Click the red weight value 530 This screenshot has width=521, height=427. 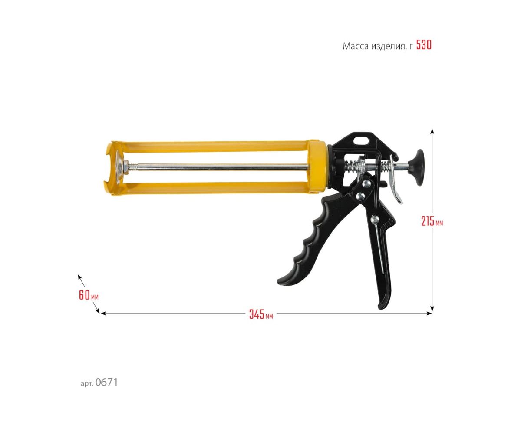click(x=424, y=45)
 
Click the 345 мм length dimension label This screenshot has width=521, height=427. click(x=261, y=314)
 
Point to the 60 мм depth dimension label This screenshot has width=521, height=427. click(x=89, y=295)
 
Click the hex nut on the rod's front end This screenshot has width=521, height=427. click(x=125, y=167)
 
